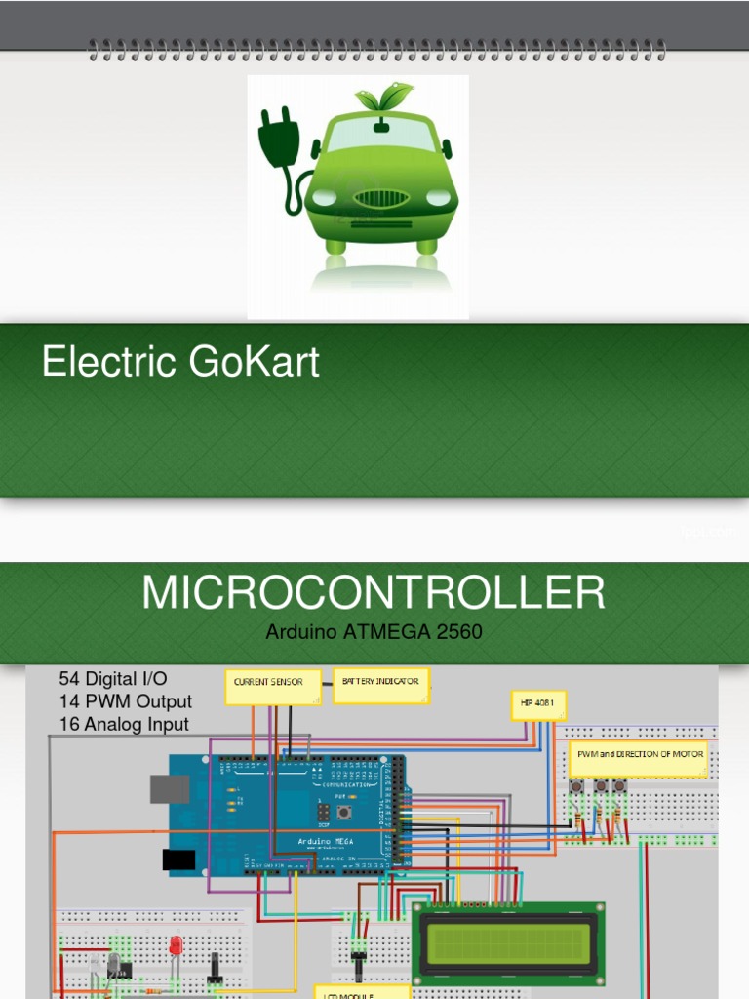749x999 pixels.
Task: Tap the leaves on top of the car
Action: click(x=383, y=97)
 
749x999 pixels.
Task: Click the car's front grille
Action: click(x=380, y=199)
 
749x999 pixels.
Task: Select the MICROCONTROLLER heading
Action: click(x=374, y=593)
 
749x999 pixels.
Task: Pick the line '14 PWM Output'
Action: click(x=126, y=701)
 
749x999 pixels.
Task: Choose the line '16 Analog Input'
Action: click(x=124, y=724)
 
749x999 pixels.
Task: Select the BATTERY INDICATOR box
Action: click(x=380, y=683)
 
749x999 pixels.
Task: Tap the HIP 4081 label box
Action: click(x=538, y=704)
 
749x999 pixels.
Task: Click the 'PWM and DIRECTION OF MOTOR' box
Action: click(x=639, y=757)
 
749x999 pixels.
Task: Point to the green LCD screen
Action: click(x=508, y=940)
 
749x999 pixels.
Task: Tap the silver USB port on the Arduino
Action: click(x=169, y=788)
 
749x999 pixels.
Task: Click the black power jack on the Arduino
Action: click(x=178, y=859)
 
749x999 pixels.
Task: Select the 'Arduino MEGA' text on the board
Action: click(x=326, y=841)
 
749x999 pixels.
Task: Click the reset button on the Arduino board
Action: click(x=344, y=812)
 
